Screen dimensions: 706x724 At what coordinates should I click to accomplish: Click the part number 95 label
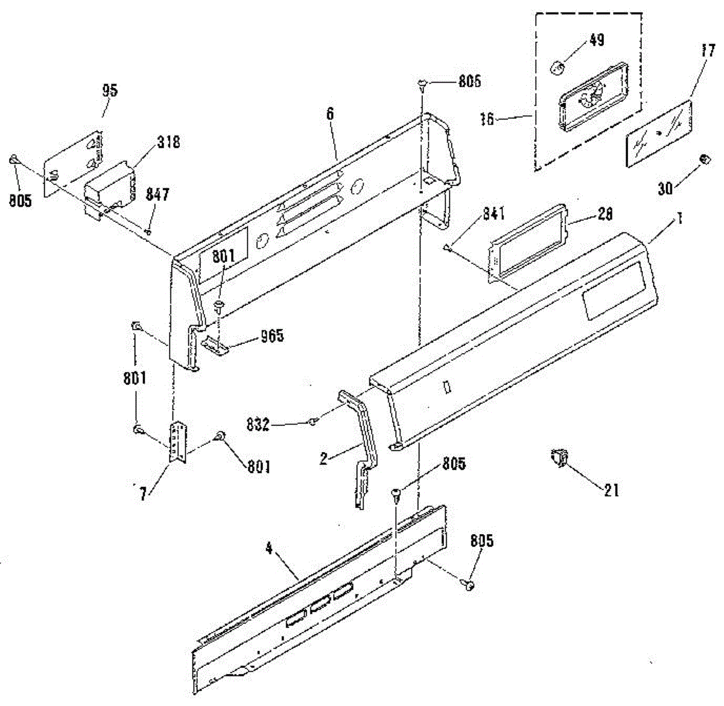click(109, 91)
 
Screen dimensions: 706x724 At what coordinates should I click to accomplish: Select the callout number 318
click(168, 143)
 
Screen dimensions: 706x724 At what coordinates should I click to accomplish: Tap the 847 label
click(157, 194)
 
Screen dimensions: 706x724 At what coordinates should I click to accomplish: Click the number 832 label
click(258, 424)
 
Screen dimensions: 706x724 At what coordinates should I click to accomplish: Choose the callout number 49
click(597, 40)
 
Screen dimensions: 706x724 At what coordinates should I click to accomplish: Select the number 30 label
click(664, 189)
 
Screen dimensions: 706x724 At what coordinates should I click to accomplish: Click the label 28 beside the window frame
click(605, 214)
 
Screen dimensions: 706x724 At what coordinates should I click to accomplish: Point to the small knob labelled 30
click(703, 159)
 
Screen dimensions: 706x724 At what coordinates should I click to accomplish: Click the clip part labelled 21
click(558, 457)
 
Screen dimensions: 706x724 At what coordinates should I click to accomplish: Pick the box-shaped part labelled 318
click(109, 184)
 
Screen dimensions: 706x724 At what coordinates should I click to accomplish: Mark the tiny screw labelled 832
click(313, 422)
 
